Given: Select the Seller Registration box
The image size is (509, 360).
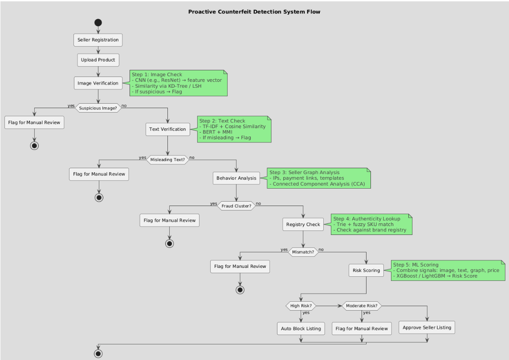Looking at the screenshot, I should coord(98,40).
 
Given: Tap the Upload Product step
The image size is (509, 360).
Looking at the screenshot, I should coord(98,59).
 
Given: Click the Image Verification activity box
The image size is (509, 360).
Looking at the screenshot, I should coord(98,82).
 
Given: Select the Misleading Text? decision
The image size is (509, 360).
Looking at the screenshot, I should coord(167,159).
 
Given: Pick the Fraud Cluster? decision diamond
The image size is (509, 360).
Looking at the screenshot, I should coord(236,205).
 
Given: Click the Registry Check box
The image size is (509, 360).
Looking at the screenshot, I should coord(303,225).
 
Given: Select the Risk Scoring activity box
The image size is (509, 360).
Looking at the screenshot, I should coord(366,270).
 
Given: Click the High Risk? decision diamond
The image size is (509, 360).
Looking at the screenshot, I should coord(301,306).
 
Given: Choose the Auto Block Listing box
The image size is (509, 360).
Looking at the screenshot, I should coord(301,328).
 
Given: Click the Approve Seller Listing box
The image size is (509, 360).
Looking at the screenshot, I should coord(427,328).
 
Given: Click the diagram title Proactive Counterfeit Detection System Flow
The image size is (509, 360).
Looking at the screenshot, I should coord(254,12).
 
